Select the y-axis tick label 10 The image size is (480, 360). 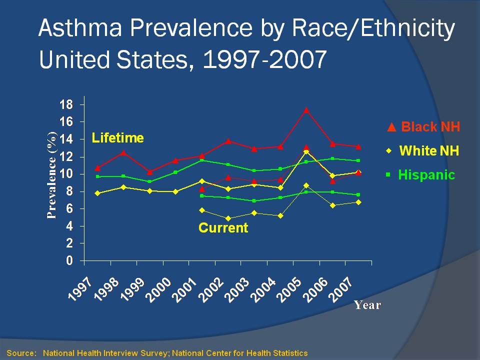[x=66, y=174]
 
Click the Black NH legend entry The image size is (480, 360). [x=424, y=127]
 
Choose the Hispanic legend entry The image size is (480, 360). [x=422, y=175]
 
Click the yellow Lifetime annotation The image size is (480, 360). [x=117, y=138]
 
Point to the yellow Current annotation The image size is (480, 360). [x=223, y=228]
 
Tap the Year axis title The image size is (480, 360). [x=367, y=304]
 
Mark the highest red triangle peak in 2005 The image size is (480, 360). [x=306, y=110]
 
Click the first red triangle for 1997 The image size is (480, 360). [x=97, y=168]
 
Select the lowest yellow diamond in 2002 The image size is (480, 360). [x=228, y=218]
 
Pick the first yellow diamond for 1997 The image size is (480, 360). [x=97, y=193]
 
